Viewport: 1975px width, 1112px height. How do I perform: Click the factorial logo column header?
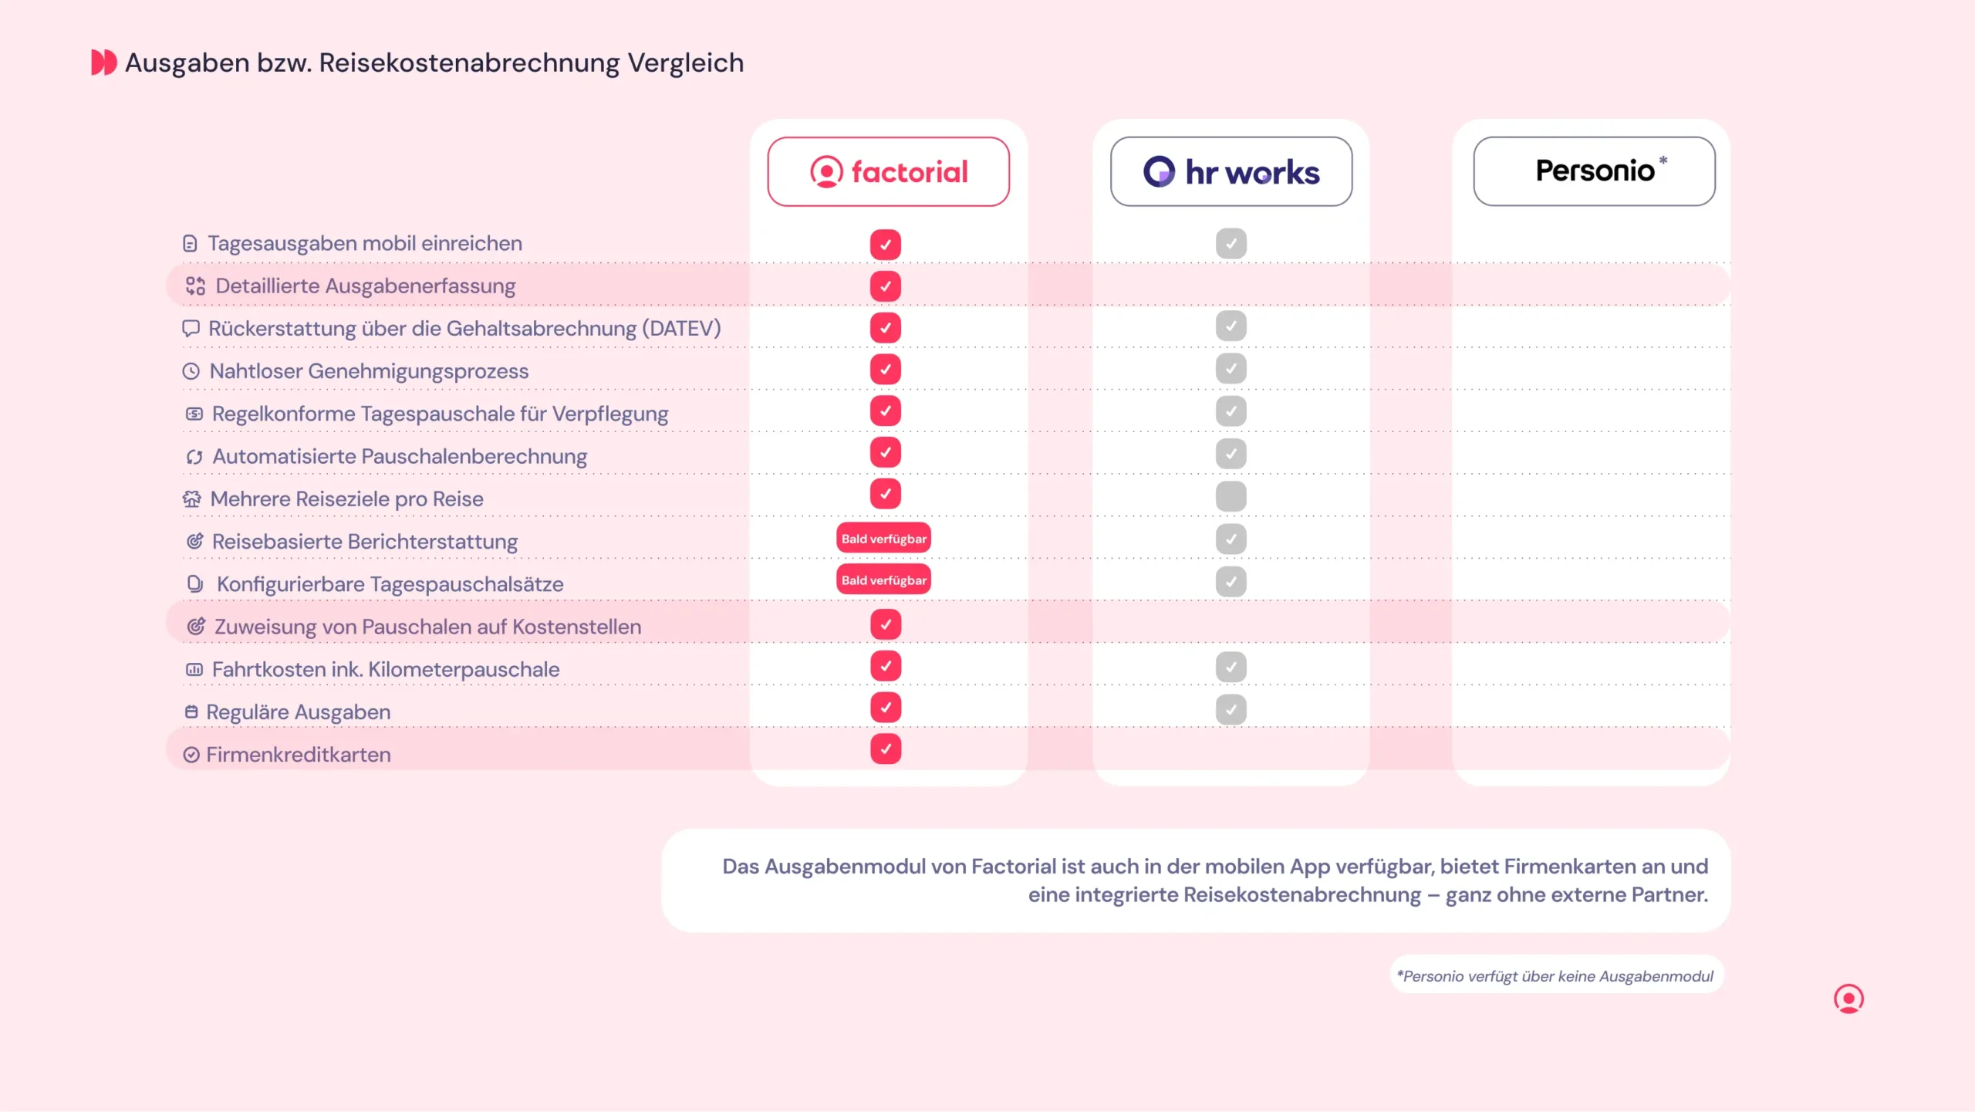coord(888,171)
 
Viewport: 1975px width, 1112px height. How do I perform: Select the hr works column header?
coord(1231,171)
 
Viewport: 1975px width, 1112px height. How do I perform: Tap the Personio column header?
coord(1594,171)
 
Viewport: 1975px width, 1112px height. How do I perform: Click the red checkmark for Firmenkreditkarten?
coord(885,749)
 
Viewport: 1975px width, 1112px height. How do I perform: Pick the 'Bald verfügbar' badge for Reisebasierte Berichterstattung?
coord(883,539)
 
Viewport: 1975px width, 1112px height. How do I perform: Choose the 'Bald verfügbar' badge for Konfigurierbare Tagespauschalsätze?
coord(883,580)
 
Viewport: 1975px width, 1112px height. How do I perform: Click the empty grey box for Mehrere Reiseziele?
coord(1231,496)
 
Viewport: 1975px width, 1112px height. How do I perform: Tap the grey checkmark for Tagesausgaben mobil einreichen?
coord(1231,244)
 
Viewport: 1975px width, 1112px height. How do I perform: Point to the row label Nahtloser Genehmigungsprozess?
coord(369,371)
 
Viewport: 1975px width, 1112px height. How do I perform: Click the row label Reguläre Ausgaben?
coord(298,711)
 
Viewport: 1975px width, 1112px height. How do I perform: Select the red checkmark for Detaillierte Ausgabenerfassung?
coord(885,286)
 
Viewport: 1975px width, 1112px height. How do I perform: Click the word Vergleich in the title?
coord(685,63)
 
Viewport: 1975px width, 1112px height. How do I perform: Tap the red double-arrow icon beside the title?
coord(103,63)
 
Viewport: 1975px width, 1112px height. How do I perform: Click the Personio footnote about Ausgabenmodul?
coord(1556,976)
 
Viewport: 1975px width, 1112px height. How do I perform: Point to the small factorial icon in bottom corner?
coord(1848,999)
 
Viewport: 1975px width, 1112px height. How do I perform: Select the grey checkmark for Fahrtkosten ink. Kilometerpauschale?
coord(1231,667)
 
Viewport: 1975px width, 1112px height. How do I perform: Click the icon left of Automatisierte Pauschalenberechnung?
coord(194,457)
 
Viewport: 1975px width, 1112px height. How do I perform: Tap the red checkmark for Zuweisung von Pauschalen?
coord(885,624)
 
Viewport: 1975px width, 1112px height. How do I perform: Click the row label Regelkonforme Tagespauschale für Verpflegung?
coord(440,414)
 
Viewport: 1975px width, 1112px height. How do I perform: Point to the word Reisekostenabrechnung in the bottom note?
coord(1301,895)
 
